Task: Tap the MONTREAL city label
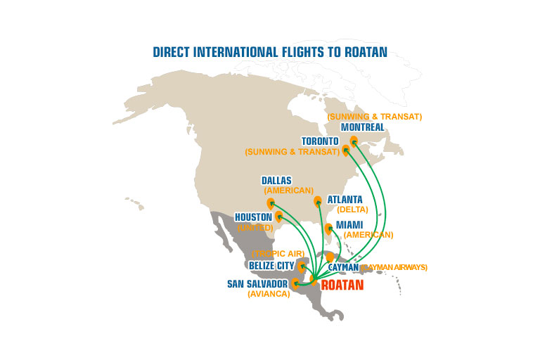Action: click(362, 127)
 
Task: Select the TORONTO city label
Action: click(321, 141)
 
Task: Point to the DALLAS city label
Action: click(276, 181)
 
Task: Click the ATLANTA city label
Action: click(345, 200)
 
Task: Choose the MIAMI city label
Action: click(349, 225)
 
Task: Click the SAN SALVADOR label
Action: click(257, 284)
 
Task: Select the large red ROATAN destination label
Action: click(342, 285)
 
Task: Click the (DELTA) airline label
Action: click(353, 210)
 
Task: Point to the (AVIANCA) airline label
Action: click(269, 295)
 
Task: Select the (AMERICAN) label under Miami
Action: click(368, 235)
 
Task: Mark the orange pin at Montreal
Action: click(354, 142)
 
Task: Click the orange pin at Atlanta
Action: click(317, 202)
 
